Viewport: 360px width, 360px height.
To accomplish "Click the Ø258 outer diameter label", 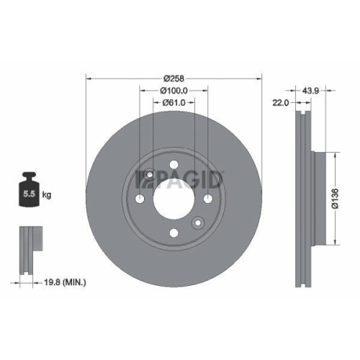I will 174,78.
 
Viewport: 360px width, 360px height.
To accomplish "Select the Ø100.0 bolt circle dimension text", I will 174,91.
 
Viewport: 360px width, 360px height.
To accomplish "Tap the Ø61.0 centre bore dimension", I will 174,103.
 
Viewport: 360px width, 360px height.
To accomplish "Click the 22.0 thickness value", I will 281,103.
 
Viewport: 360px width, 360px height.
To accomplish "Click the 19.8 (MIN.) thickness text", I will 66,283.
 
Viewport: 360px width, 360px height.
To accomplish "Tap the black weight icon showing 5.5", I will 30,189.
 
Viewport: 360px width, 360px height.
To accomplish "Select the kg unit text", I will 47,194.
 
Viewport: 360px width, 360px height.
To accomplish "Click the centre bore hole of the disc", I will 173,199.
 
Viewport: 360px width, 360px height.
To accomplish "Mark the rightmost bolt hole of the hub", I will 207,199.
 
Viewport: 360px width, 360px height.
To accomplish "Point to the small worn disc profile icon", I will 27,249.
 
